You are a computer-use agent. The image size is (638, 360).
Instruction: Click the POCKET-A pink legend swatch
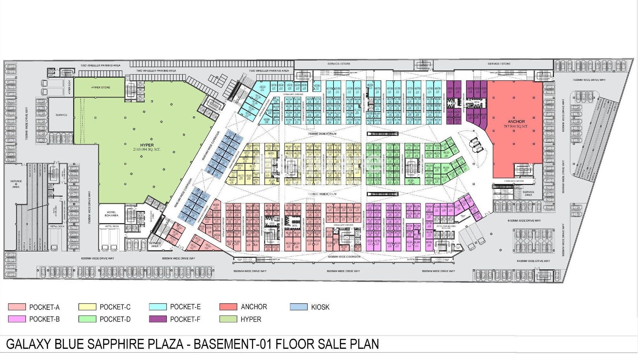pyautogui.click(x=17, y=307)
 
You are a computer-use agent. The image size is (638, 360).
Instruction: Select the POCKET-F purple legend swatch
pyautogui.click(x=158, y=319)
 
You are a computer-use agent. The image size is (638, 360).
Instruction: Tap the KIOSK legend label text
pyautogui.click(x=320, y=307)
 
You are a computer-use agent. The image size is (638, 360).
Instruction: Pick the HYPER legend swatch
pyautogui.click(x=228, y=319)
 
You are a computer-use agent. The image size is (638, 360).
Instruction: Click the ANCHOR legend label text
pyautogui.click(x=254, y=307)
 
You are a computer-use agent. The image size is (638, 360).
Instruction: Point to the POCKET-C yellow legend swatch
pyautogui.click(x=87, y=307)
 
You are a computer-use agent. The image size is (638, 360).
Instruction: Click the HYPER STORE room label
pyautogui.click(x=100, y=87)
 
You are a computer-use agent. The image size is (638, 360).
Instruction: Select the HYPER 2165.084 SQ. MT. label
pyautogui.click(x=147, y=147)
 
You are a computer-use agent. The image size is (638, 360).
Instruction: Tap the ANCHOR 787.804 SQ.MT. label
pyautogui.click(x=516, y=124)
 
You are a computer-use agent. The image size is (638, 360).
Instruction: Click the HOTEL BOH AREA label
pyautogui.click(x=111, y=214)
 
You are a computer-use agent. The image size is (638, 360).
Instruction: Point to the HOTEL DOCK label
pyautogui.click(x=112, y=226)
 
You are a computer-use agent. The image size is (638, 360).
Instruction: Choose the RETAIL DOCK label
pyautogui.click(x=57, y=226)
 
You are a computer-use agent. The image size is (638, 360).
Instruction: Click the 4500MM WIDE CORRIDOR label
pyautogui.click(x=344, y=257)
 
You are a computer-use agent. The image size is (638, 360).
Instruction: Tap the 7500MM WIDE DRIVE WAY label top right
pyautogui.click(x=589, y=80)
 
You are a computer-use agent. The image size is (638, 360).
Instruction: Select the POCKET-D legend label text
pyautogui.click(x=115, y=319)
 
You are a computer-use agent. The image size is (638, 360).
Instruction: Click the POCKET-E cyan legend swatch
pyautogui.click(x=158, y=307)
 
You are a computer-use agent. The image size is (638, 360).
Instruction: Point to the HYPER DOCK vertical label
pyautogui.click(x=69, y=87)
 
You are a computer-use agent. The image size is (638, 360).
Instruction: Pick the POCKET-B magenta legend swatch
pyautogui.click(x=17, y=319)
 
